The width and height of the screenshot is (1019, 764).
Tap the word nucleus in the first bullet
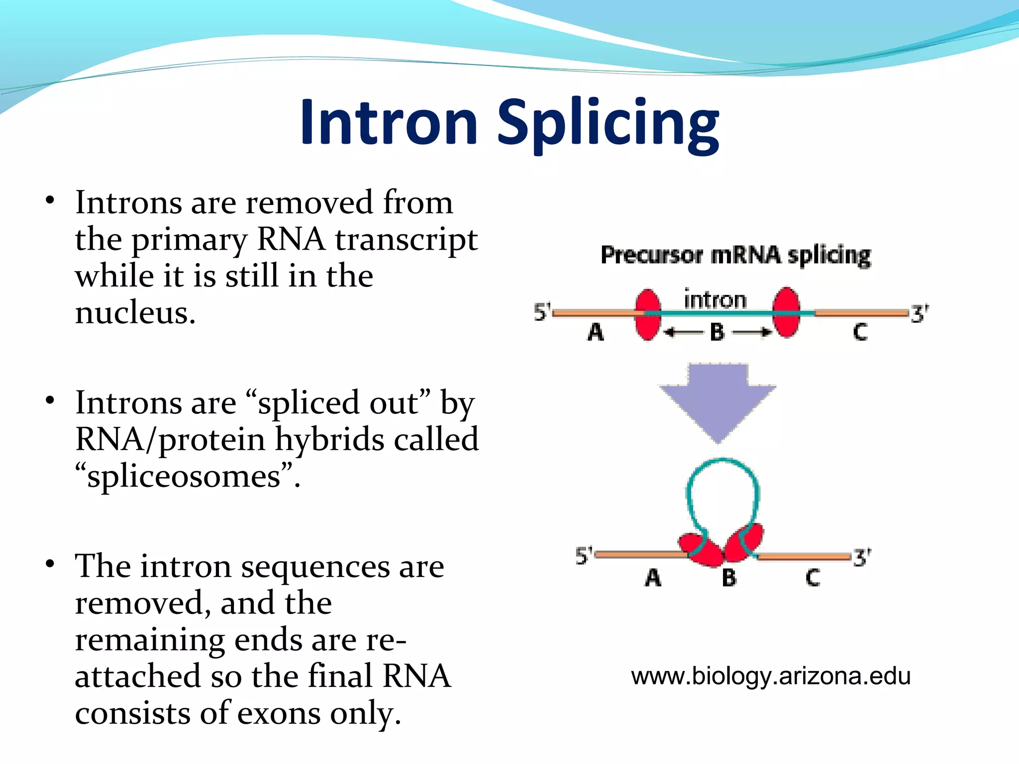coord(135,313)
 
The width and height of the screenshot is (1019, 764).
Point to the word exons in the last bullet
coord(279,713)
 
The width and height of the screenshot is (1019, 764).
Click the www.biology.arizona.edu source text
coord(771,676)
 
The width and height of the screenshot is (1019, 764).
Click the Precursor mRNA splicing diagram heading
coord(735,256)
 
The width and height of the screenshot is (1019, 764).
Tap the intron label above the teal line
coord(715,300)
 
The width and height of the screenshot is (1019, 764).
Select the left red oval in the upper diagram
coord(648,314)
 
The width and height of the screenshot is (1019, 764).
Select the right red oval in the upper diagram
coord(786,312)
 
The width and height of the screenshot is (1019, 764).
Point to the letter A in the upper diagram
coord(596,332)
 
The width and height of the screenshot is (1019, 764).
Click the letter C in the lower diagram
coord(813,578)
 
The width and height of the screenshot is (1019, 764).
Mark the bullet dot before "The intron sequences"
coord(49,564)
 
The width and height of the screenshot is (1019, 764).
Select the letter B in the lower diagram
coord(729,578)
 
